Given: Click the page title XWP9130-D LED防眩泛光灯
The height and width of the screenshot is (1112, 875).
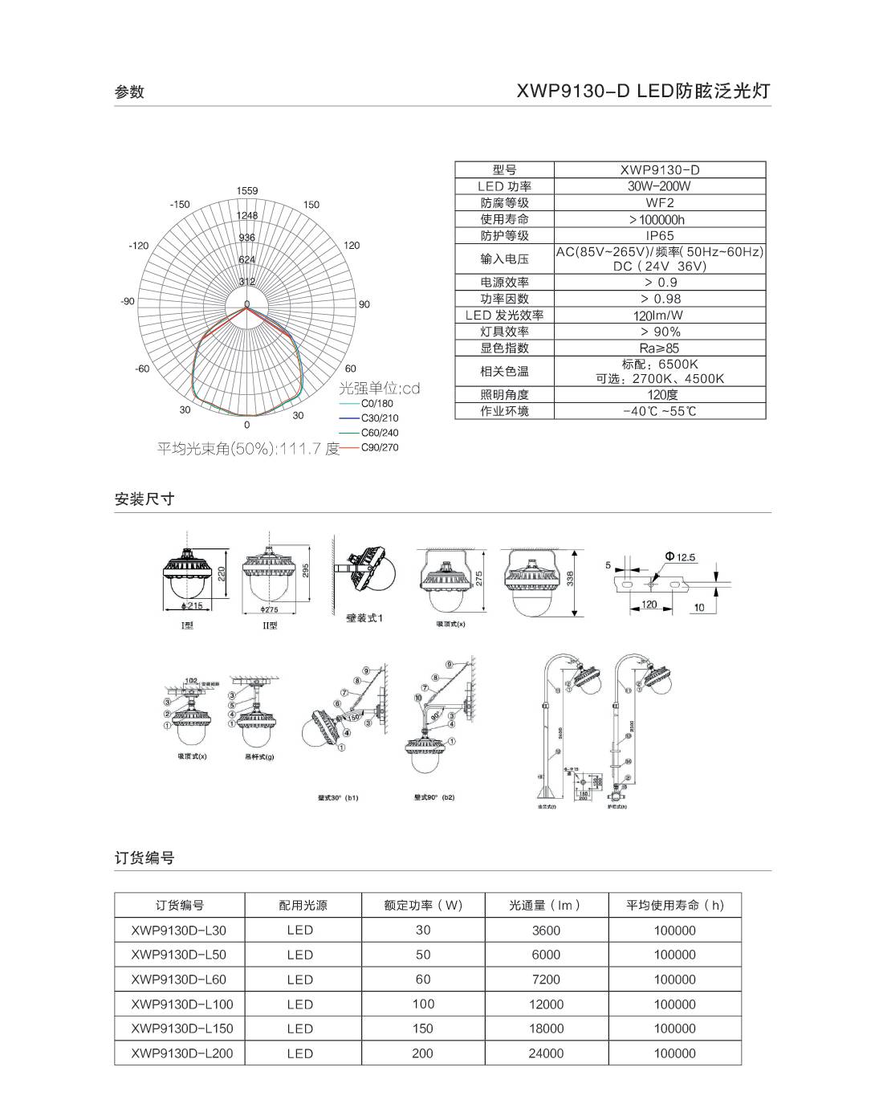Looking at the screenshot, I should [x=643, y=91].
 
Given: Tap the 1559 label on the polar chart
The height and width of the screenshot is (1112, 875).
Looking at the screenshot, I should [x=247, y=191].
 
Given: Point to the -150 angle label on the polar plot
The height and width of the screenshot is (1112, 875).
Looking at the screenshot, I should [x=180, y=205].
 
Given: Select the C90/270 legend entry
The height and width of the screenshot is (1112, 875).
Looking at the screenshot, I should [x=379, y=447].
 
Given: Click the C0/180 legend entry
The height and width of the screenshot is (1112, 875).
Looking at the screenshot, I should [x=377, y=404].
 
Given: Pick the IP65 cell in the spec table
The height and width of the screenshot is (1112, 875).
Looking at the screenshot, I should [x=660, y=236].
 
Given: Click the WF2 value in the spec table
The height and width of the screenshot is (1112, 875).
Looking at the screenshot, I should [x=660, y=203].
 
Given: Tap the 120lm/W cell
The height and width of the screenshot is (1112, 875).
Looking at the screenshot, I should [x=660, y=316].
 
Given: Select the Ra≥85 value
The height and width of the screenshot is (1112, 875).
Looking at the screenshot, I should [x=660, y=348].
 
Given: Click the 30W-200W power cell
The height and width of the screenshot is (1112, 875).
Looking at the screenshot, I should [x=660, y=186].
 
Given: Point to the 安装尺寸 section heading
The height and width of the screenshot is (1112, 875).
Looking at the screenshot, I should [x=144, y=499].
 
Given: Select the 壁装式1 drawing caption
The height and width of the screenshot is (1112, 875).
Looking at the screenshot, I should [x=364, y=618].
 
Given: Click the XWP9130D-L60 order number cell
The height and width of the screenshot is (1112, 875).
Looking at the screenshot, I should [x=178, y=980].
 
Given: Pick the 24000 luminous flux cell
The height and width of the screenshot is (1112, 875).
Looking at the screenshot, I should [x=546, y=1053].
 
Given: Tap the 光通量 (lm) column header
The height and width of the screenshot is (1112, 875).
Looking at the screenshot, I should [x=546, y=906].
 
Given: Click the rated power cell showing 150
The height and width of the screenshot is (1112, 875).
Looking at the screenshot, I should [x=423, y=1028].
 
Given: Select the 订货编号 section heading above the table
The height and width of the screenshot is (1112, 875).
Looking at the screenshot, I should [x=144, y=857].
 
